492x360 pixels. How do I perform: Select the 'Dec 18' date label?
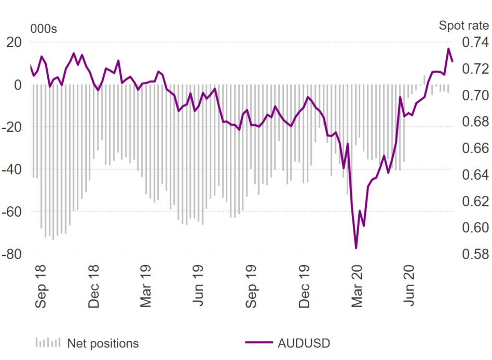pyautogui.click(x=94, y=288)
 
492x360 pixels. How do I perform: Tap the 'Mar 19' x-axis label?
pyautogui.click(x=147, y=288)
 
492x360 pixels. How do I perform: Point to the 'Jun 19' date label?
pyautogui.click(x=199, y=288)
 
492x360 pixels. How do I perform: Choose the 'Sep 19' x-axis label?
pyautogui.click(x=252, y=288)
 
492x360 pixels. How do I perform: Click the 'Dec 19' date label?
pyautogui.click(x=305, y=288)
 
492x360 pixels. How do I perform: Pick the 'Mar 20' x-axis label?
pyautogui.click(x=358, y=288)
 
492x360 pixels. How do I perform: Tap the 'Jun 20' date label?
pyautogui.click(x=411, y=288)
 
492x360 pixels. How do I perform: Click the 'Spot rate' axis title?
pyautogui.click(x=463, y=26)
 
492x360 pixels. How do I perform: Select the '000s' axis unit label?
pyautogui.click(x=44, y=29)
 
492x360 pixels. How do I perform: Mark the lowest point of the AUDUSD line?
pyautogui.click(x=356, y=248)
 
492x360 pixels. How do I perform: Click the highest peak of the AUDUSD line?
pyautogui.click(x=448, y=49)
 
